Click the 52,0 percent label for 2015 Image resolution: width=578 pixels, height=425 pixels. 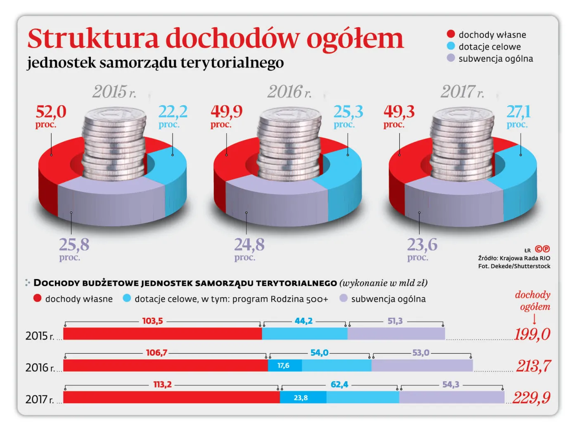pyautogui.click(x=51, y=112)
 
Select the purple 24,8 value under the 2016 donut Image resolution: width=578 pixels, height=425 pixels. pyautogui.click(x=249, y=245)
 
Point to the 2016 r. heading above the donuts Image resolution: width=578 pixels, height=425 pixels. pyautogui.click(x=289, y=92)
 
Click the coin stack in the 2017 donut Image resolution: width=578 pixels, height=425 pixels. pyautogui.click(x=462, y=144)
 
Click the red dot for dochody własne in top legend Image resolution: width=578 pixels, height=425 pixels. pyautogui.click(x=451, y=34)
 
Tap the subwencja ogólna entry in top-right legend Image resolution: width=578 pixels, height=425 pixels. pyautogui.click(x=495, y=59)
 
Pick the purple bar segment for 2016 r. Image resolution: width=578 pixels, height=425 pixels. pyautogui.click(x=422, y=366)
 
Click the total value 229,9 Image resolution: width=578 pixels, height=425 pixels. pyautogui.click(x=531, y=398)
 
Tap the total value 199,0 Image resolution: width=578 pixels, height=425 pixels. pyautogui.click(x=532, y=334)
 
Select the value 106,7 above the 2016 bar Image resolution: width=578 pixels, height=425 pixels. pyautogui.click(x=156, y=353)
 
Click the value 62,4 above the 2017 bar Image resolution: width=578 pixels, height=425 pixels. pyautogui.click(x=339, y=385)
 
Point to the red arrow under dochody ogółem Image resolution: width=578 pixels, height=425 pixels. pyautogui.click(x=535, y=319)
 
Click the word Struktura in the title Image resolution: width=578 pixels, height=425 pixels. pyautogui.click(x=93, y=39)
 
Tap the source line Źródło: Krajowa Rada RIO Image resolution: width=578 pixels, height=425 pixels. pyautogui.click(x=514, y=258)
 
